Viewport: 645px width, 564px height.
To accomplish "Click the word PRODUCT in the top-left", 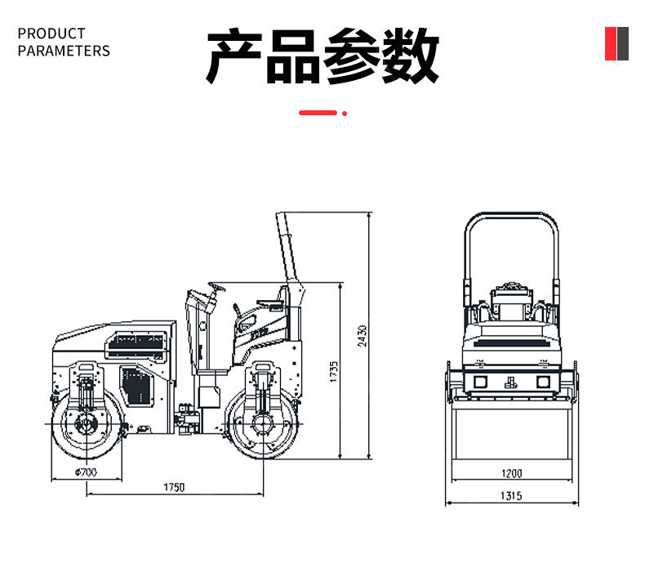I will pos(51,34).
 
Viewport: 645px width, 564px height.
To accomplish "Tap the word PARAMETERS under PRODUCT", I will pos(64,51).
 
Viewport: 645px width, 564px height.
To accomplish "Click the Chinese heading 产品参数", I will pos(322,56).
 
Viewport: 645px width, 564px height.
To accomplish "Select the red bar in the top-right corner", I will pos(611,43).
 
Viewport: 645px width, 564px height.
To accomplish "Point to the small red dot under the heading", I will pos(345,113).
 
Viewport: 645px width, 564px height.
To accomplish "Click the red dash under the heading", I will pos(318,113).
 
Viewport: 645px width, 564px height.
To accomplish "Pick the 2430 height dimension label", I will pos(363,335).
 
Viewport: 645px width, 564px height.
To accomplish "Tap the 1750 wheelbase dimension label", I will pos(174,487).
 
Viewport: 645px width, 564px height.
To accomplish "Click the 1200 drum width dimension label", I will pos(512,473).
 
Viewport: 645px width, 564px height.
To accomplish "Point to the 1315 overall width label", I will pos(512,495).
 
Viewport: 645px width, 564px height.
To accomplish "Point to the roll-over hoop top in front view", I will pos(512,215).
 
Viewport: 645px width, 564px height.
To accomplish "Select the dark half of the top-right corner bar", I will pos(622,43).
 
